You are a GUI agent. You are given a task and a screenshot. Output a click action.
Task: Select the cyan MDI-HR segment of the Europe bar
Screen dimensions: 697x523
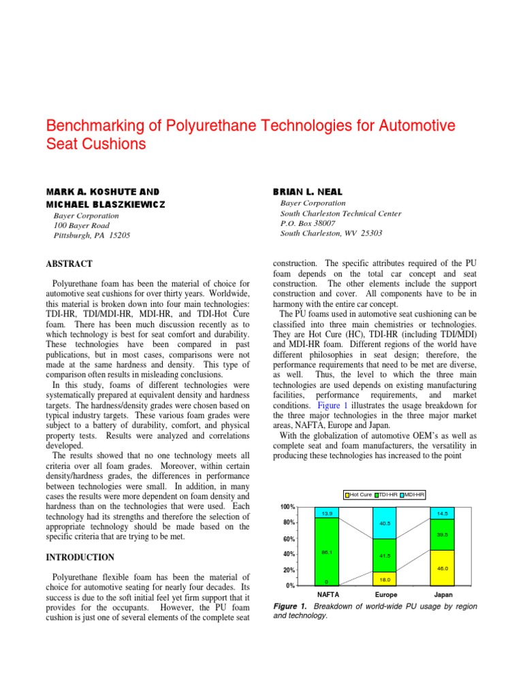click(x=385, y=523)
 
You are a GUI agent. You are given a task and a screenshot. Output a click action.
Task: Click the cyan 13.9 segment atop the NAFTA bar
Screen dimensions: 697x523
click(x=328, y=512)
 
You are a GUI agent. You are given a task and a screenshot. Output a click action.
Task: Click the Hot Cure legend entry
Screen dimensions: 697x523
click(x=360, y=494)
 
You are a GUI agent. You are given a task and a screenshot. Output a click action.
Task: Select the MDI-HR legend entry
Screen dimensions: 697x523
click(x=412, y=494)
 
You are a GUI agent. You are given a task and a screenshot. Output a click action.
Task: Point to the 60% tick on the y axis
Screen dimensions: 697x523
click(x=289, y=539)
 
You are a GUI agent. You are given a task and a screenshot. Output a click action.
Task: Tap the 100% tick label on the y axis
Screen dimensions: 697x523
click(x=287, y=508)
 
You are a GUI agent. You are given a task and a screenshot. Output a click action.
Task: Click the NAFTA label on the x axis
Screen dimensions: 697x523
click(x=328, y=594)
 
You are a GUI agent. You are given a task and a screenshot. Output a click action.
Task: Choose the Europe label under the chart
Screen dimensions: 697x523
click(x=385, y=594)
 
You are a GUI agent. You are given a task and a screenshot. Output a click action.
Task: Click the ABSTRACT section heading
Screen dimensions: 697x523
click(x=69, y=264)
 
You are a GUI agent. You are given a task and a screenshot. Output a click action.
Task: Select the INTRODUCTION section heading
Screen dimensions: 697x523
click(x=80, y=557)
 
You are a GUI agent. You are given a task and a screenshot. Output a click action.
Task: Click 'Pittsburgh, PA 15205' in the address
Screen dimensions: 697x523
click(x=91, y=236)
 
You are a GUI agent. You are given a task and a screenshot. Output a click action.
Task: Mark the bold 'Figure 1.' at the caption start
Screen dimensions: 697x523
click(x=290, y=606)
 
